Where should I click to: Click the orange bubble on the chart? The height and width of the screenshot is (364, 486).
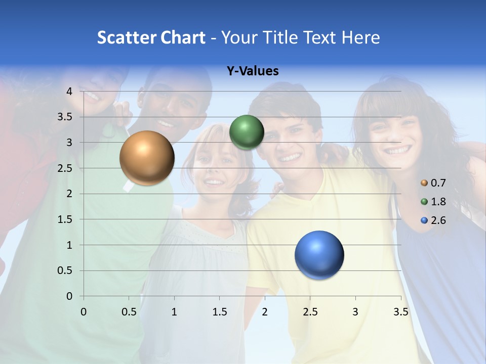[x=147, y=158]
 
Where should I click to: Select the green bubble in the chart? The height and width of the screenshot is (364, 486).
[x=247, y=132]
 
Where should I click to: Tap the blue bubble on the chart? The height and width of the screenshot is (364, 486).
[x=319, y=255]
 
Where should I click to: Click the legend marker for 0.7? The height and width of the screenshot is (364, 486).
[x=424, y=183]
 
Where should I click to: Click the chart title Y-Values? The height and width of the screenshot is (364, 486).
[x=253, y=71]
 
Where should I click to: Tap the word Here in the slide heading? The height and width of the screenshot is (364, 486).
[x=360, y=37]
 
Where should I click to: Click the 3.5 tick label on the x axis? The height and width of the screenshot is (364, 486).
[x=400, y=312]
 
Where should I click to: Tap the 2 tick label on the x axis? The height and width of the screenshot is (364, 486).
[x=265, y=312]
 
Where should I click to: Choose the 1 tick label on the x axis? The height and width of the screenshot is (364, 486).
[x=174, y=312]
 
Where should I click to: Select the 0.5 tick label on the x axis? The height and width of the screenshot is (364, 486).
[x=129, y=312]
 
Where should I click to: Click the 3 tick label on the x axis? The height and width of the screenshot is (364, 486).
[x=355, y=312]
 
